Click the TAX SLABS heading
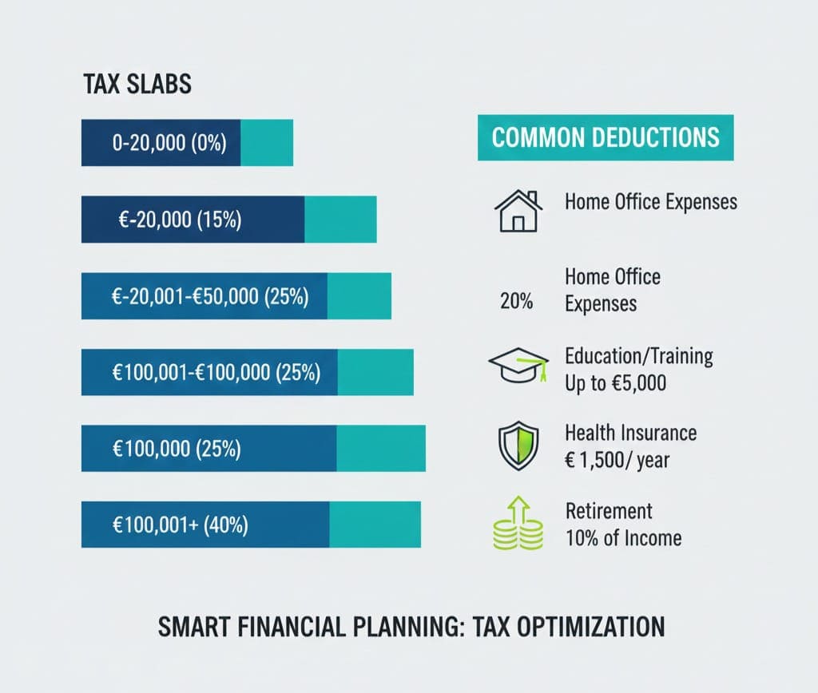[x=137, y=85]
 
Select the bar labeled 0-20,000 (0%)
[x=187, y=143]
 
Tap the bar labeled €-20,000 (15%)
[x=228, y=220]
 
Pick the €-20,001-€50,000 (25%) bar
[x=236, y=296]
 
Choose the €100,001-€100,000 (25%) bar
[x=247, y=373]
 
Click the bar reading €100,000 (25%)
[x=252, y=449]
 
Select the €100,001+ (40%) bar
[x=251, y=525]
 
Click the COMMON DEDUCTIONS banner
[x=606, y=137]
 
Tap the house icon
[x=518, y=211]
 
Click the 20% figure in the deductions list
[x=516, y=303]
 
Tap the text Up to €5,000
[x=615, y=383]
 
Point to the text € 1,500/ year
[x=617, y=460]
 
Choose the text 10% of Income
[x=623, y=537]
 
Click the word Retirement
[x=609, y=511]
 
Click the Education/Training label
[x=639, y=355]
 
